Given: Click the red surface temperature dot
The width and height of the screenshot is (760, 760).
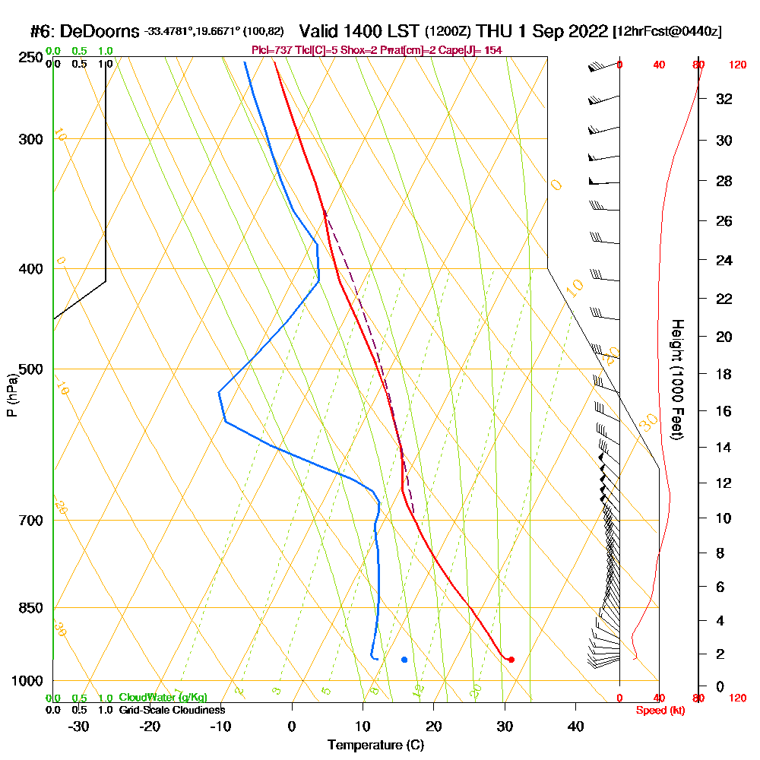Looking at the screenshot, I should (x=511, y=660).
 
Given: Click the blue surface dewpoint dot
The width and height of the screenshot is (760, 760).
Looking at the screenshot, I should (x=404, y=660).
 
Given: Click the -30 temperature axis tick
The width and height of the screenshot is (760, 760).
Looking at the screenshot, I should (x=79, y=727).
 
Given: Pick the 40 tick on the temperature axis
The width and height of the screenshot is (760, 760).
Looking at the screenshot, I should (x=575, y=727).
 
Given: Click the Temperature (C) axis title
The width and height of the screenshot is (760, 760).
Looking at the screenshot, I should (x=375, y=746).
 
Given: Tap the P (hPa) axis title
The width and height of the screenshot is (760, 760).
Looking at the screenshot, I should (x=11, y=394).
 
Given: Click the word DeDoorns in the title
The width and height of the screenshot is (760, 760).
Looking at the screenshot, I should (x=100, y=32).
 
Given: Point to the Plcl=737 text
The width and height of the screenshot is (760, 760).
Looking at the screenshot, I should (x=270, y=50).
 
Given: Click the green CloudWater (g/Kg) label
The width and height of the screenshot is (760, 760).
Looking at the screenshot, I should (x=163, y=698).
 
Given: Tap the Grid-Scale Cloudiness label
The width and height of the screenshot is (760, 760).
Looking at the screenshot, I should (x=172, y=710).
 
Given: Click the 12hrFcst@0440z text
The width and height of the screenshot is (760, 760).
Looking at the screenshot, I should (x=667, y=32).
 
